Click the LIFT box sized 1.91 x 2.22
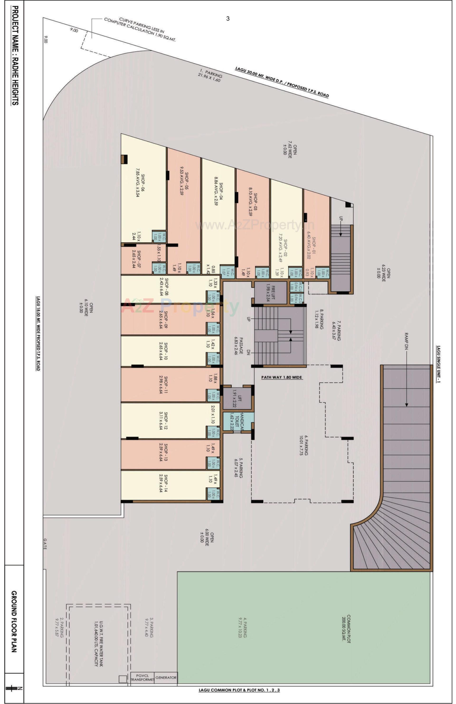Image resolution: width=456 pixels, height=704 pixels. pyautogui.click(x=237, y=398)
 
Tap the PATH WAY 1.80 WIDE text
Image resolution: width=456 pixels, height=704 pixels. pyautogui.click(x=281, y=377)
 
